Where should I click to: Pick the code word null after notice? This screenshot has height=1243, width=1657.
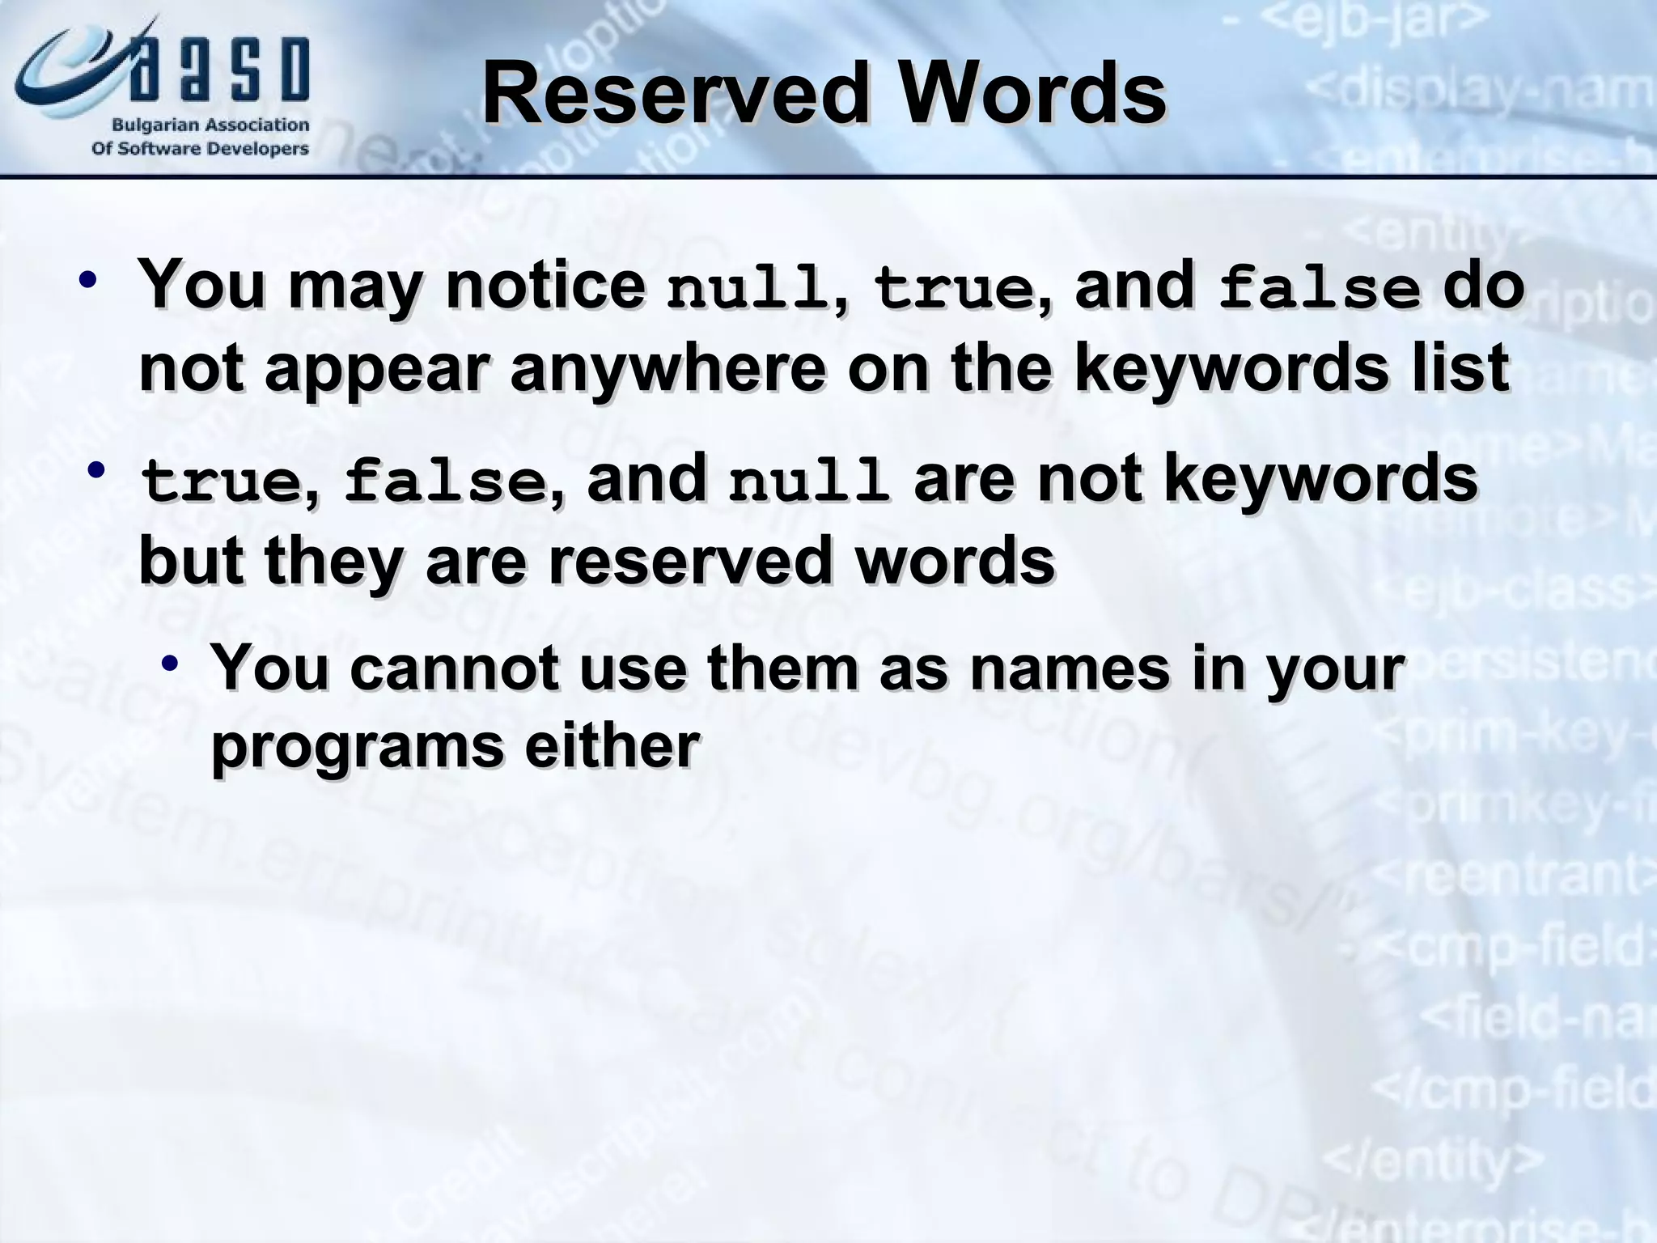tap(745, 289)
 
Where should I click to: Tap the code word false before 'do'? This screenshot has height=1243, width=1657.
tap(1319, 289)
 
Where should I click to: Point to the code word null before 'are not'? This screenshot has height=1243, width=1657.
tap(808, 481)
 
